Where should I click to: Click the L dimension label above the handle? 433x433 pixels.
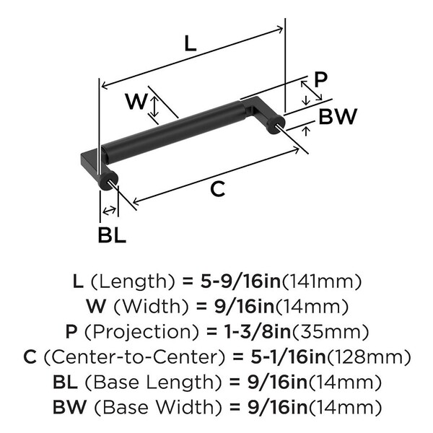tap(190, 43)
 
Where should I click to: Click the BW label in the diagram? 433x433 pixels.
tap(337, 116)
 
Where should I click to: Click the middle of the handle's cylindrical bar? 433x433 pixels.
tap(173, 131)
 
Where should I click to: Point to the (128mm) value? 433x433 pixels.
tap(372, 357)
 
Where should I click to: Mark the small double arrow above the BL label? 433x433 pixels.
tap(110, 210)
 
